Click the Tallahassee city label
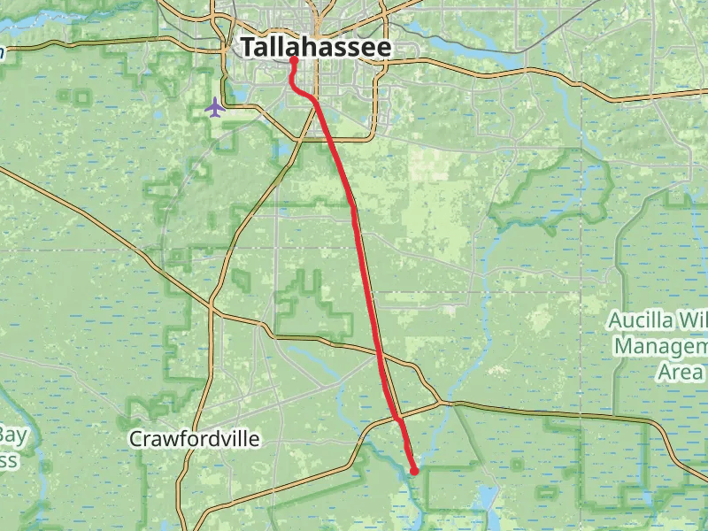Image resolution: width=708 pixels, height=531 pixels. click(x=315, y=48)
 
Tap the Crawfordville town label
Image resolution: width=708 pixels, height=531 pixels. click(x=194, y=438)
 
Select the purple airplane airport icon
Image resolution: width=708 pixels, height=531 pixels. click(x=214, y=107)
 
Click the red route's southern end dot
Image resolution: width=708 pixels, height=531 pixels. click(x=414, y=472)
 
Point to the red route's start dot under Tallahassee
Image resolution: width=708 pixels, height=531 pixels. click(x=293, y=61)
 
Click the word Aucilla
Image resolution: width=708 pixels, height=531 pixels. click(x=643, y=319)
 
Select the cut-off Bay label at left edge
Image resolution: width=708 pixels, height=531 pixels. click(x=12, y=435)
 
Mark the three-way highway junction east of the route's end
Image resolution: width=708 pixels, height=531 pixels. click(x=449, y=404)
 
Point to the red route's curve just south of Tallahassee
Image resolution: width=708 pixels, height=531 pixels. click(x=297, y=88)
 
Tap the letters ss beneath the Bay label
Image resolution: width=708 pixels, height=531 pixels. click(x=8, y=460)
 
